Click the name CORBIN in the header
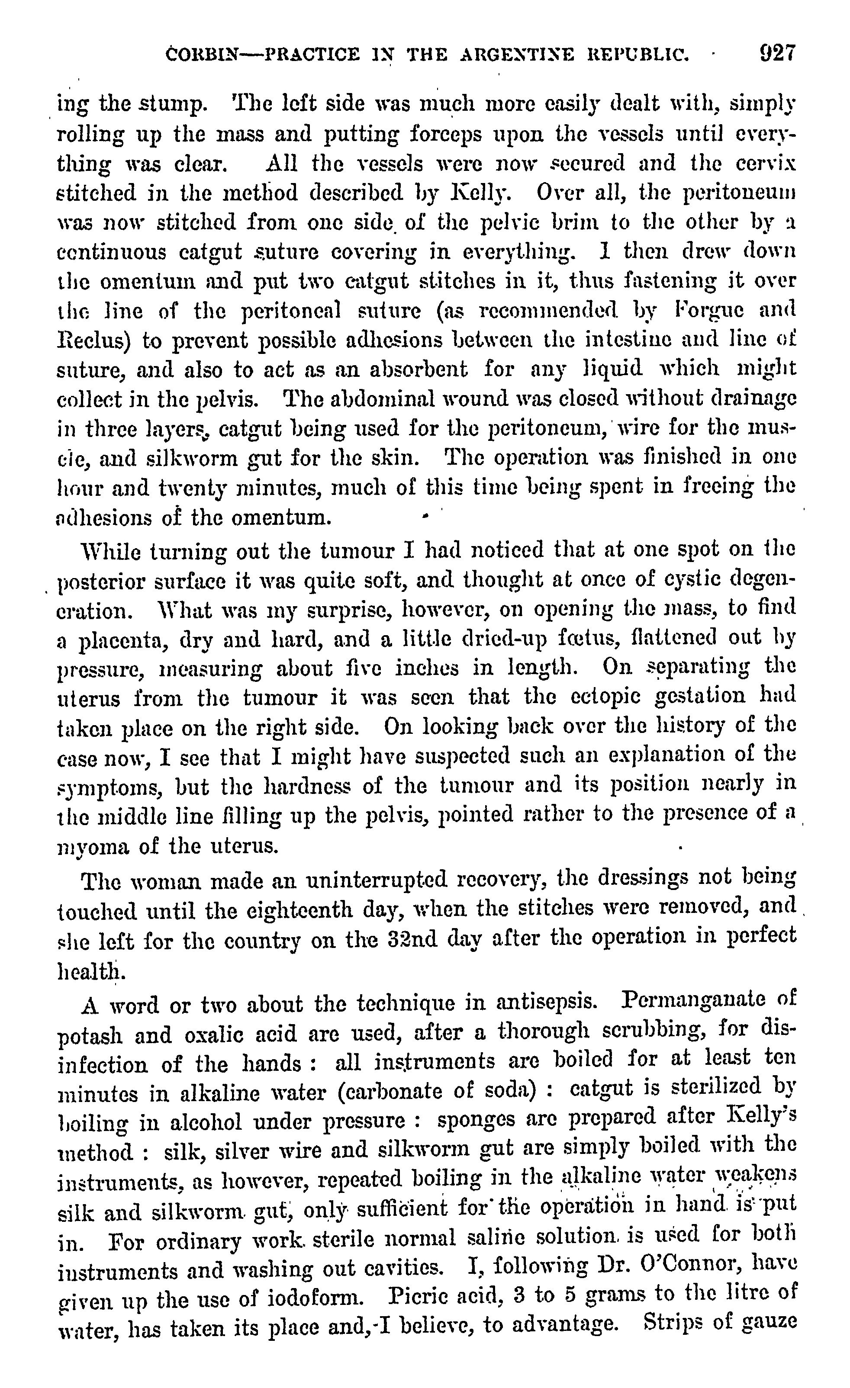coord(204,55)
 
